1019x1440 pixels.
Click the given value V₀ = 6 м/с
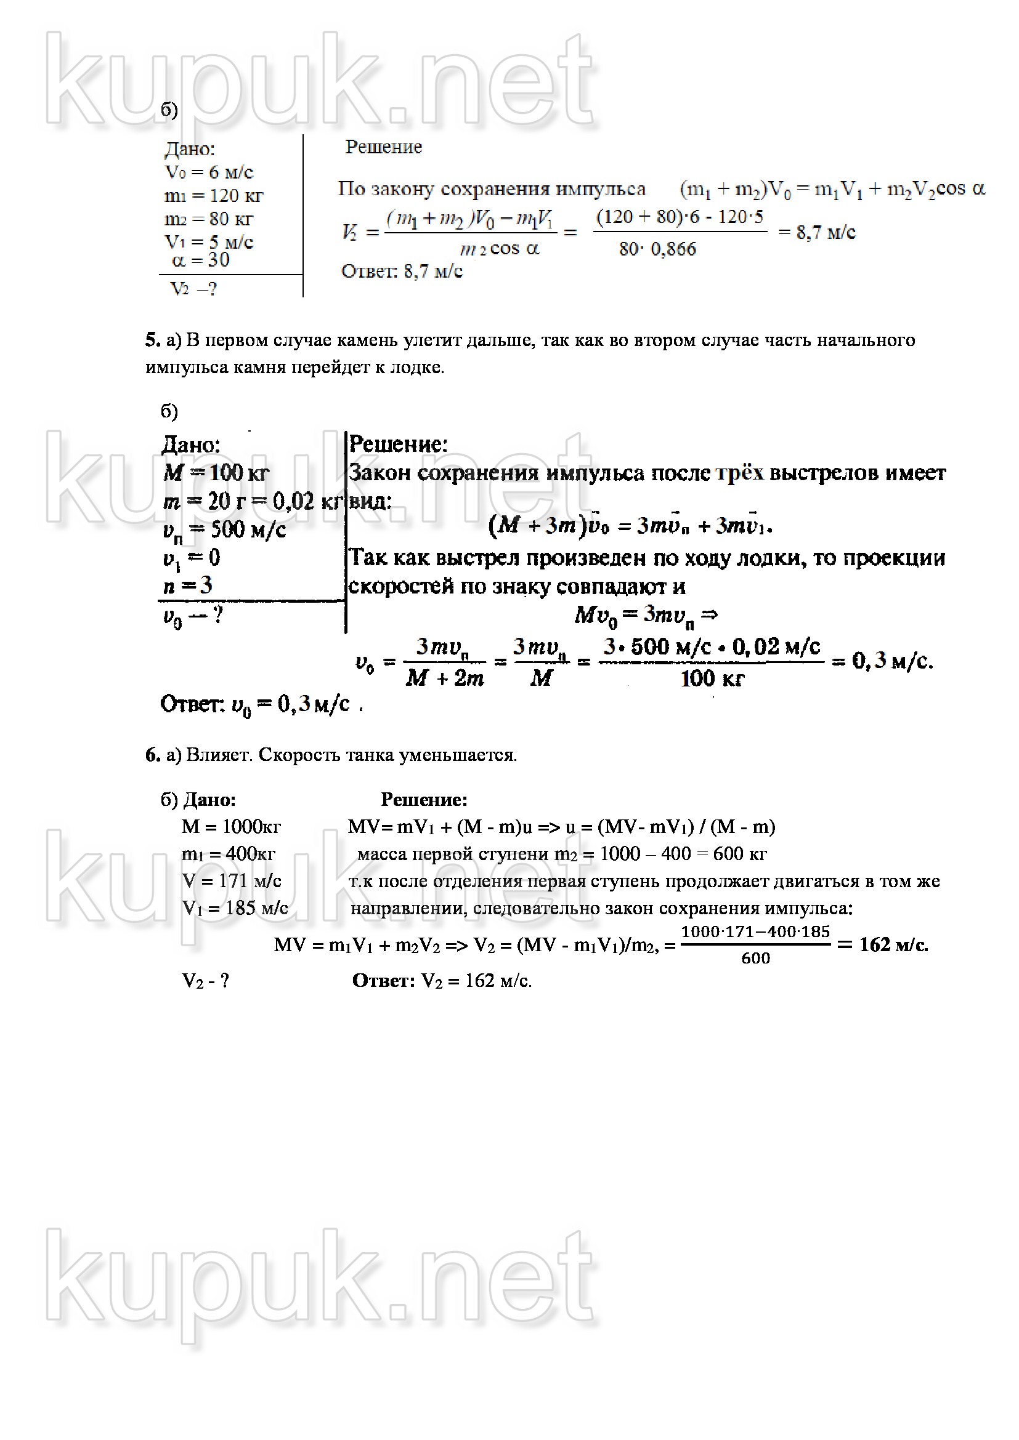209,172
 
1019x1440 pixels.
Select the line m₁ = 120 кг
213,196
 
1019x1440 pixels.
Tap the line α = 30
201,260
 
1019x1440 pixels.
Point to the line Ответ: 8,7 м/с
402,272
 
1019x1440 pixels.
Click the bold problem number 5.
152,340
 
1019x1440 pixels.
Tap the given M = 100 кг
216,473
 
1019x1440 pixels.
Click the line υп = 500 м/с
224,531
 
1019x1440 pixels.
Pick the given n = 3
188,585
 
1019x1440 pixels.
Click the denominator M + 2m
444,678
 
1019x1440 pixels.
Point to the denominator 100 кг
712,678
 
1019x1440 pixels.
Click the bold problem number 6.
152,755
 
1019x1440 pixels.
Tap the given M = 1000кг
231,827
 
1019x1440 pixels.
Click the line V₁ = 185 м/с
235,908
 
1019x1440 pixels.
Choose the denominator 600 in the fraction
755,958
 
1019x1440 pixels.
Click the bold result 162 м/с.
893,944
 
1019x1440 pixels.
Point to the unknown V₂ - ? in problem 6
205,980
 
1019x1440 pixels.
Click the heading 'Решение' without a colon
383,147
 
